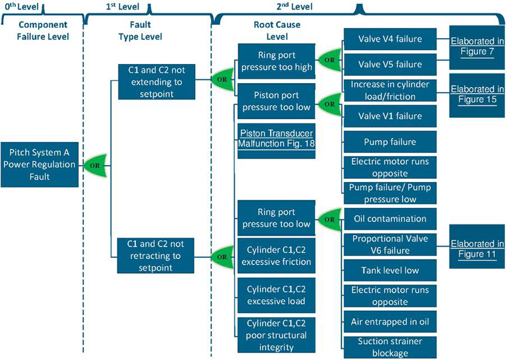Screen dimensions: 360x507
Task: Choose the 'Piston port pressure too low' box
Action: [276, 101]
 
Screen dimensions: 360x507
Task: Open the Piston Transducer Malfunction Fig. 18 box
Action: [276, 139]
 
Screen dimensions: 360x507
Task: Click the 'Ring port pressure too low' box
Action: [276, 217]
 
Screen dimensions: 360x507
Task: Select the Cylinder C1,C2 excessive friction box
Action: [276, 255]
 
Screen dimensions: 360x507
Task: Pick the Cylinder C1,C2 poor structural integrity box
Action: [276, 334]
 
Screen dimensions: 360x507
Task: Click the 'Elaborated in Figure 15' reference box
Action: [477, 95]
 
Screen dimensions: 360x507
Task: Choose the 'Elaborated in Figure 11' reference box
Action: [477, 249]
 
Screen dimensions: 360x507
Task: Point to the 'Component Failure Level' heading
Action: [43, 31]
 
